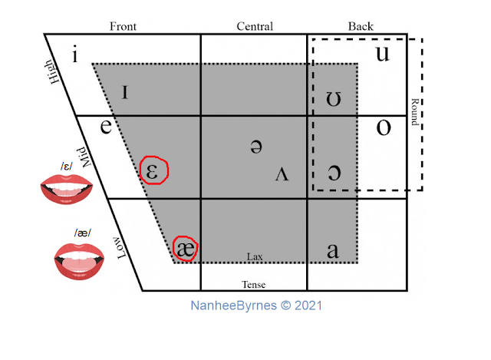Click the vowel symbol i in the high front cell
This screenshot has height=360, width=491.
tap(75, 55)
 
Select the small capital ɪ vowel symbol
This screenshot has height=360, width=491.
tap(126, 92)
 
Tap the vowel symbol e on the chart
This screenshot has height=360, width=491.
tap(107, 125)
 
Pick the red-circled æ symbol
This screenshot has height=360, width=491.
tap(186, 248)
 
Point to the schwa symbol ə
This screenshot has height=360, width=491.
tap(256, 147)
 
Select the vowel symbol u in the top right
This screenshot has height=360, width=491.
tap(381, 54)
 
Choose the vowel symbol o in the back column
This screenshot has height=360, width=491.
tap(383, 127)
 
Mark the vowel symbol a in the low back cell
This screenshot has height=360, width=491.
tap(333, 250)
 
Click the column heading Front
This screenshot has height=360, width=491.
tap(123, 26)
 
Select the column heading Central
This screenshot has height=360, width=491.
tap(255, 26)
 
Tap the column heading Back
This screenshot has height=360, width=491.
tap(361, 26)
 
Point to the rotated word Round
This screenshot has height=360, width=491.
tap(414, 111)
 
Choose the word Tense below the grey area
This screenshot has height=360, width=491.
tap(254, 284)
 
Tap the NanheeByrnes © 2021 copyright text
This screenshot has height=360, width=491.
tap(256, 305)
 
